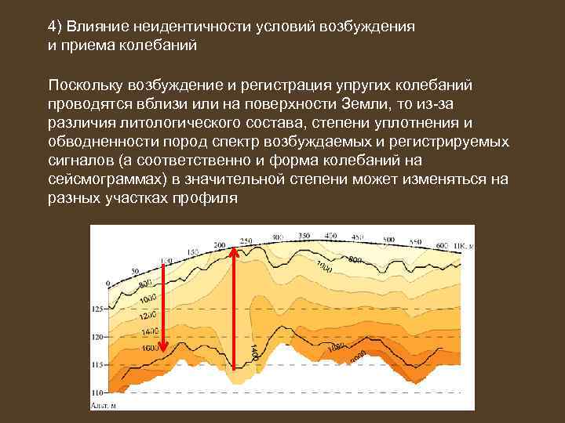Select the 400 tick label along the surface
[x=330, y=235]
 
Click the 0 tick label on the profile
[x=108, y=282]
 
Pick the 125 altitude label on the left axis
[x=97, y=309]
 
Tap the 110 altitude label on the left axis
[x=97, y=391]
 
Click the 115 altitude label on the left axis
[x=97, y=364]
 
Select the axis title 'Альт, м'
[x=102, y=405]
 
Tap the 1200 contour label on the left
[x=148, y=317]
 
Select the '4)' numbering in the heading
[x=55, y=26]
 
